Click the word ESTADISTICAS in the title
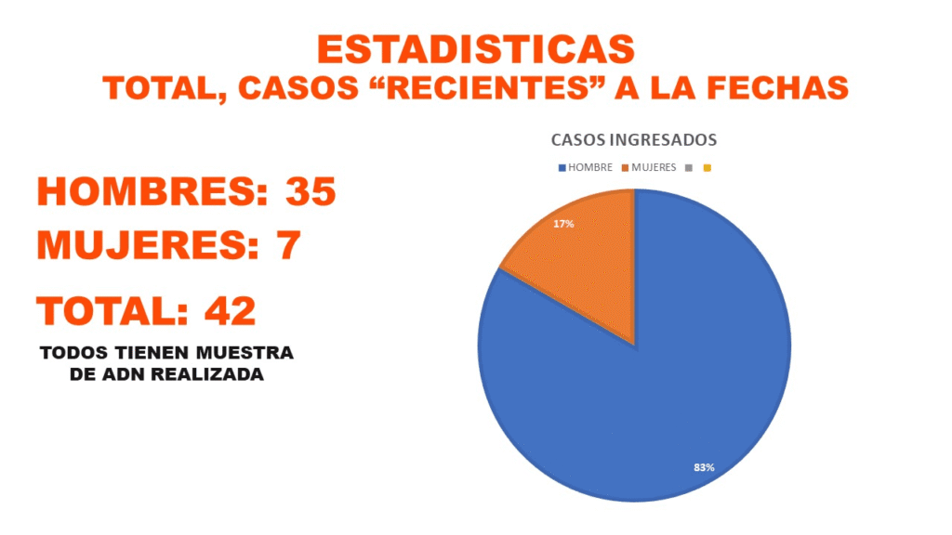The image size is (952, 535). point(475,49)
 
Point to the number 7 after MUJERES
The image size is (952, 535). point(288,245)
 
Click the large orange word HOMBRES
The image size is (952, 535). point(142,191)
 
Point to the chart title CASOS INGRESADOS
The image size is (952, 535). point(634,140)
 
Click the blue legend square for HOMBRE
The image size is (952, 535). point(562,168)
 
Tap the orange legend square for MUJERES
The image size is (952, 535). point(626,168)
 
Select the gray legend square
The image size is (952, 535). point(689,168)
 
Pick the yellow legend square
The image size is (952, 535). point(707,168)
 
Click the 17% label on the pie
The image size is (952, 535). point(563,224)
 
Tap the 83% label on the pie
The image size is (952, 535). point(704,467)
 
